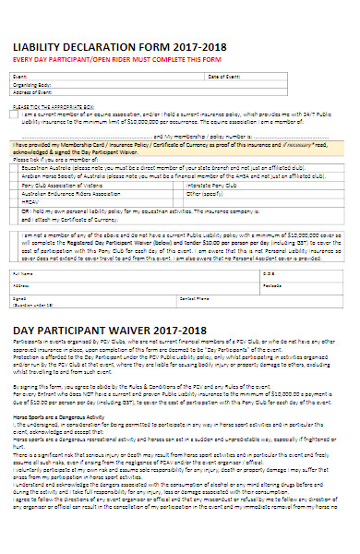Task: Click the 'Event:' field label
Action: pyautogui.click(x=18, y=77)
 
